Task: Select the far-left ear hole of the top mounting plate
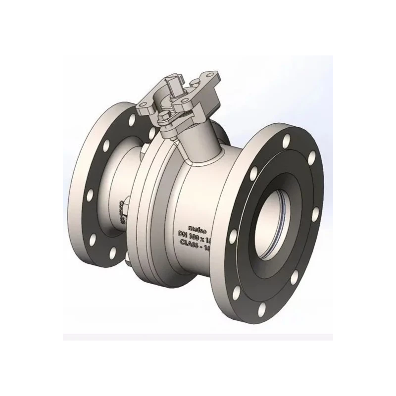pos(144,105)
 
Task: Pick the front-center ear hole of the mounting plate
pos(180,104)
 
